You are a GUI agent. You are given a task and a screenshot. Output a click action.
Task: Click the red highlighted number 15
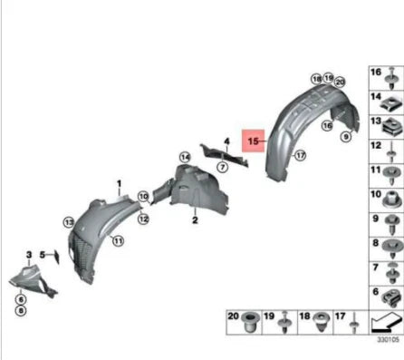point(254,141)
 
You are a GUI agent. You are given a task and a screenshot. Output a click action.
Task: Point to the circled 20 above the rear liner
point(340,82)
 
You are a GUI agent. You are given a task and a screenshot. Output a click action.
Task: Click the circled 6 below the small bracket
point(20,298)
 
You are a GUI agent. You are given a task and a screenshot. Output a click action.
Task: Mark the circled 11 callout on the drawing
point(117,240)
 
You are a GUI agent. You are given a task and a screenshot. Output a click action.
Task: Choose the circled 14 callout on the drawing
point(185,157)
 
